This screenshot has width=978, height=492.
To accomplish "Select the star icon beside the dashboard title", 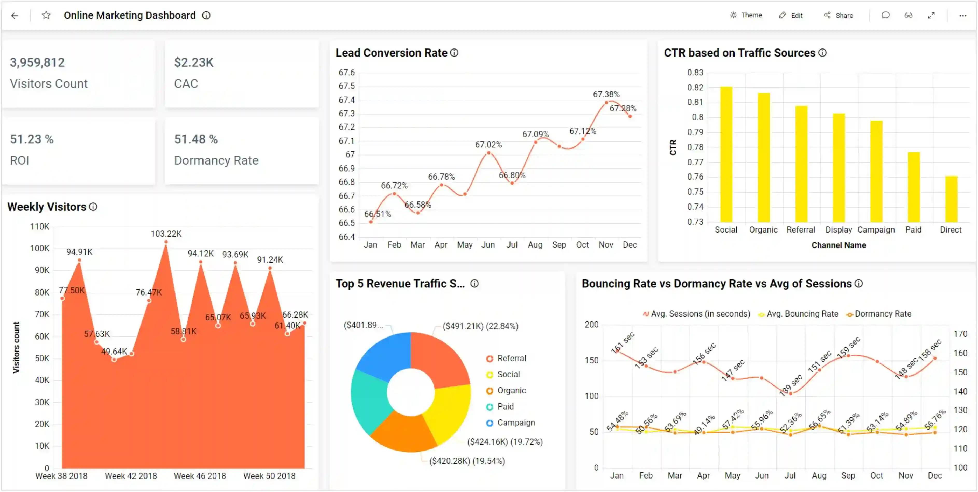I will (46, 15).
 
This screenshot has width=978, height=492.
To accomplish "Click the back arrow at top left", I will (15, 16).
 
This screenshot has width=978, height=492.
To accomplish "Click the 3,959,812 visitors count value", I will (37, 62).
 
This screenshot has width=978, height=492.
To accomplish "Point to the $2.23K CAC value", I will (194, 62).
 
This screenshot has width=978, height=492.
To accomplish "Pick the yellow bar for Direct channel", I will (951, 199).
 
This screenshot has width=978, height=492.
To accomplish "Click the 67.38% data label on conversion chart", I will (606, 94).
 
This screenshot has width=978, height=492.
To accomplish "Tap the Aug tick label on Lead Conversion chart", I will (535, 245).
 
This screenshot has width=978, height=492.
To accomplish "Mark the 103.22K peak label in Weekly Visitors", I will (166, 234).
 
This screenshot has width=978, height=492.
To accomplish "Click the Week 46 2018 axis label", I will (200, 476).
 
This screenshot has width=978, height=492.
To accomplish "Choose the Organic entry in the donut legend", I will (511, 391).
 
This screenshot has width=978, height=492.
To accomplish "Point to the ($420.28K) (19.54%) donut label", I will (467, 461).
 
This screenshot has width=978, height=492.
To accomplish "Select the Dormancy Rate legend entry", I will (882, 314).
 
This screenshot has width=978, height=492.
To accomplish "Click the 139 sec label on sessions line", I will (791, 385).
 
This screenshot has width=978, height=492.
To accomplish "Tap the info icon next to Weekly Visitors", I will (93, 207).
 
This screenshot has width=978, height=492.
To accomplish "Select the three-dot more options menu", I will (962, 16).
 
